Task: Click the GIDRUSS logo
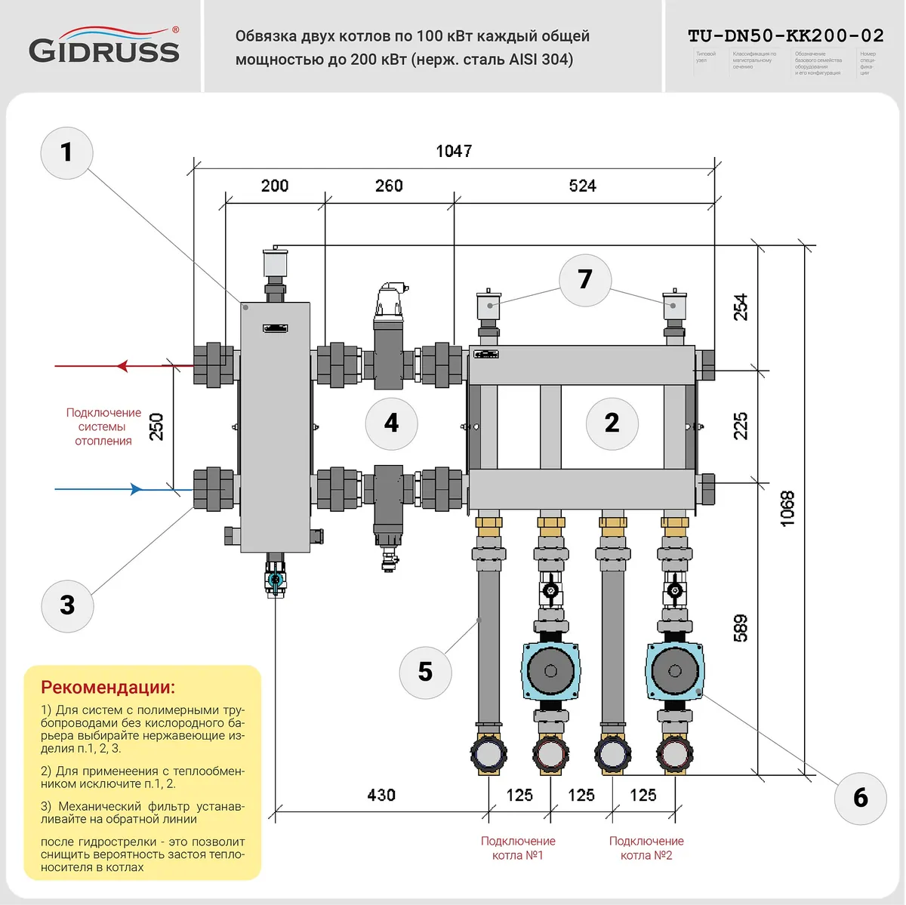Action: point(104,47)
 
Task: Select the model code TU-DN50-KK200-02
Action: point(785,35)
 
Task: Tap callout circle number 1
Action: point(66,152)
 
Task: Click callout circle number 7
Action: point(584,280)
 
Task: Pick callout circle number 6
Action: point(860,799)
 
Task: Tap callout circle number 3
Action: point(67,605)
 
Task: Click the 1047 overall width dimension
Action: point(454,151)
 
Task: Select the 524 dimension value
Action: point(582,186)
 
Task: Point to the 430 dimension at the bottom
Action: point(381,795)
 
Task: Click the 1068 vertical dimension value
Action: point(787,508)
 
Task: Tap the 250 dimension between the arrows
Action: point(156,426)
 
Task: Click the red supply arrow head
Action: point(123,366)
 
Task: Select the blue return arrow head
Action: point(136,489)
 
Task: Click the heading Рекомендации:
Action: point(108,687)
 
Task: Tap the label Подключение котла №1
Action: point(518,848)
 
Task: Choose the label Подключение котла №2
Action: point(646,848)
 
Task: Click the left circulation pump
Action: point(550,670)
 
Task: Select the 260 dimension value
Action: point(389,186)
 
